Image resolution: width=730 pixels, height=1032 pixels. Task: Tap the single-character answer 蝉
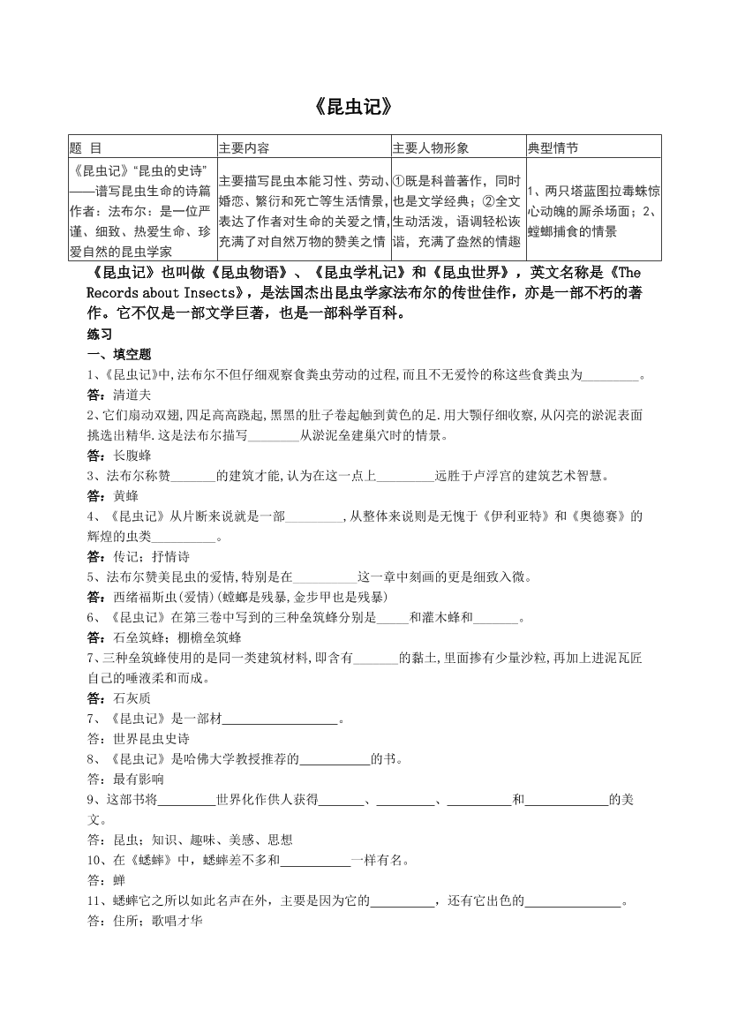point(119,880)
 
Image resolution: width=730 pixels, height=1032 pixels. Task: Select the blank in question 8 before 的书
point(335,758)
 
